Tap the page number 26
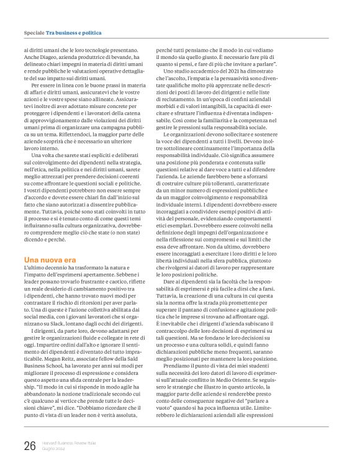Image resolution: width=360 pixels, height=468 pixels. coord(30,446)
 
